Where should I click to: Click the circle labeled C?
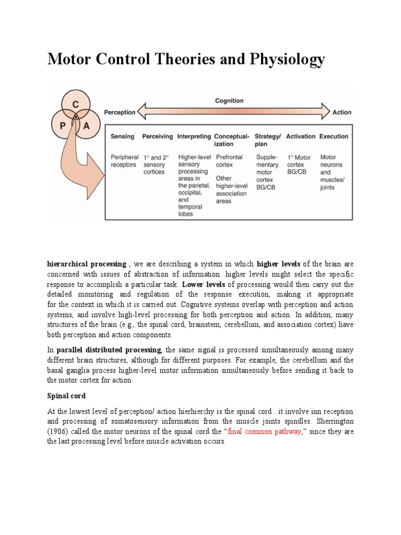coord(76,104)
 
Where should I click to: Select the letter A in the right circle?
coord(86,126)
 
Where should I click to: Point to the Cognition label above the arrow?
coord(229,101)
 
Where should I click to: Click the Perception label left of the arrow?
coord(120,112)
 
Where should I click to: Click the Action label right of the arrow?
coord(342,112)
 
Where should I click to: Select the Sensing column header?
coord(122,136)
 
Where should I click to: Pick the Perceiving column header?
coord(157,136)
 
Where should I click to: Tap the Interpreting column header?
coord(194,136)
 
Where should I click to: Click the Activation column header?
coord(301,136)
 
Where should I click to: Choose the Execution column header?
coord(334,136)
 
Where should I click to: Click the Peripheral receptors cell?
coord(124,161)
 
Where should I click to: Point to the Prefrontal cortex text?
coord(229,161)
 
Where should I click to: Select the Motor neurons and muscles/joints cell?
coord(332,172)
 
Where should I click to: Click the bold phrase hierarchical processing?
coord(87,264)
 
